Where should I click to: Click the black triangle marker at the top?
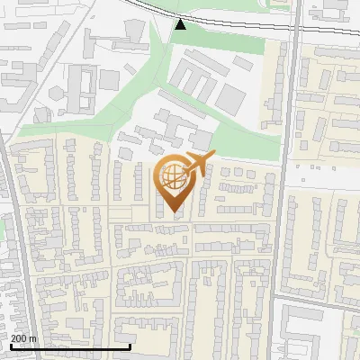click(181, 24)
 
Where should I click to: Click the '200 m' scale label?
click(23, 338)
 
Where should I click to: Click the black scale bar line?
click(70, 346)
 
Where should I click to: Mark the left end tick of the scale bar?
click(11, 346)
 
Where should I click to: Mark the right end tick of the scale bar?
click(130, 346)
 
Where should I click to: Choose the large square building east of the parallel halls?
click(230, 98)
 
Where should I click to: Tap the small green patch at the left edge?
click(3, 229)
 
